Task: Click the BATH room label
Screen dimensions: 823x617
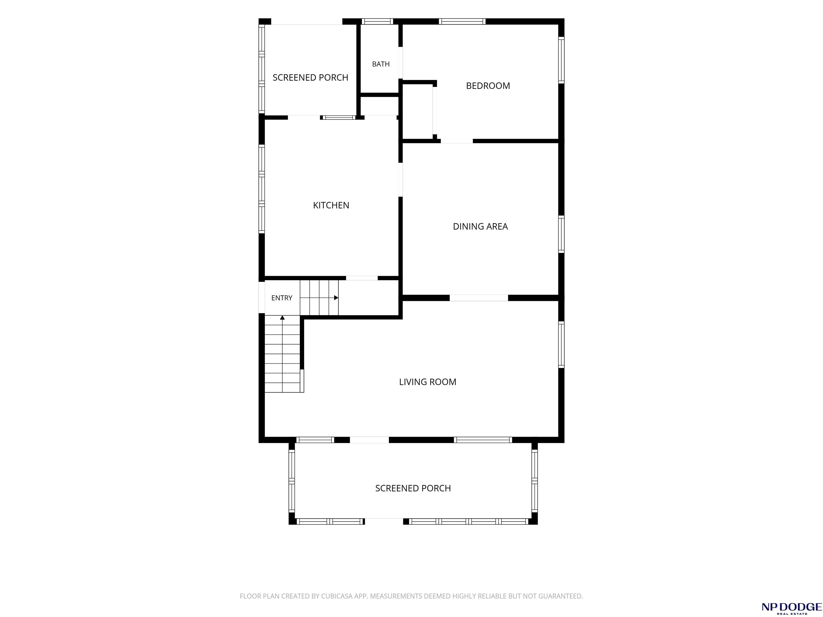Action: (381, 64)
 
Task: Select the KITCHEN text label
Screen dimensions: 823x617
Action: (331, 205)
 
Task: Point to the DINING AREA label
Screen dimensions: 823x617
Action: (480, 227)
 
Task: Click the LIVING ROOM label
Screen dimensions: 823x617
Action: (428, 382)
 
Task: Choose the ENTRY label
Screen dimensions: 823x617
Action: (282, 298)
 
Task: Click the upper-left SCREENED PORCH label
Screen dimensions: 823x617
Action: (310, 77)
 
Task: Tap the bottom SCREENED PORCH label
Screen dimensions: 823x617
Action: (413, 488)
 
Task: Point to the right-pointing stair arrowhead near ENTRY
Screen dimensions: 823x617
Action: (336, 298)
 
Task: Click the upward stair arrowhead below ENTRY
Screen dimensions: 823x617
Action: (282, 318)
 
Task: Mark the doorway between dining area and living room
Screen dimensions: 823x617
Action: (479, 298)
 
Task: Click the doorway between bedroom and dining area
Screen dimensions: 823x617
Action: (457, 141)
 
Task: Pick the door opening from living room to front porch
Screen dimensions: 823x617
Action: (369, 440)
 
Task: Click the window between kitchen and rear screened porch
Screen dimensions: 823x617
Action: (339, 118)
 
